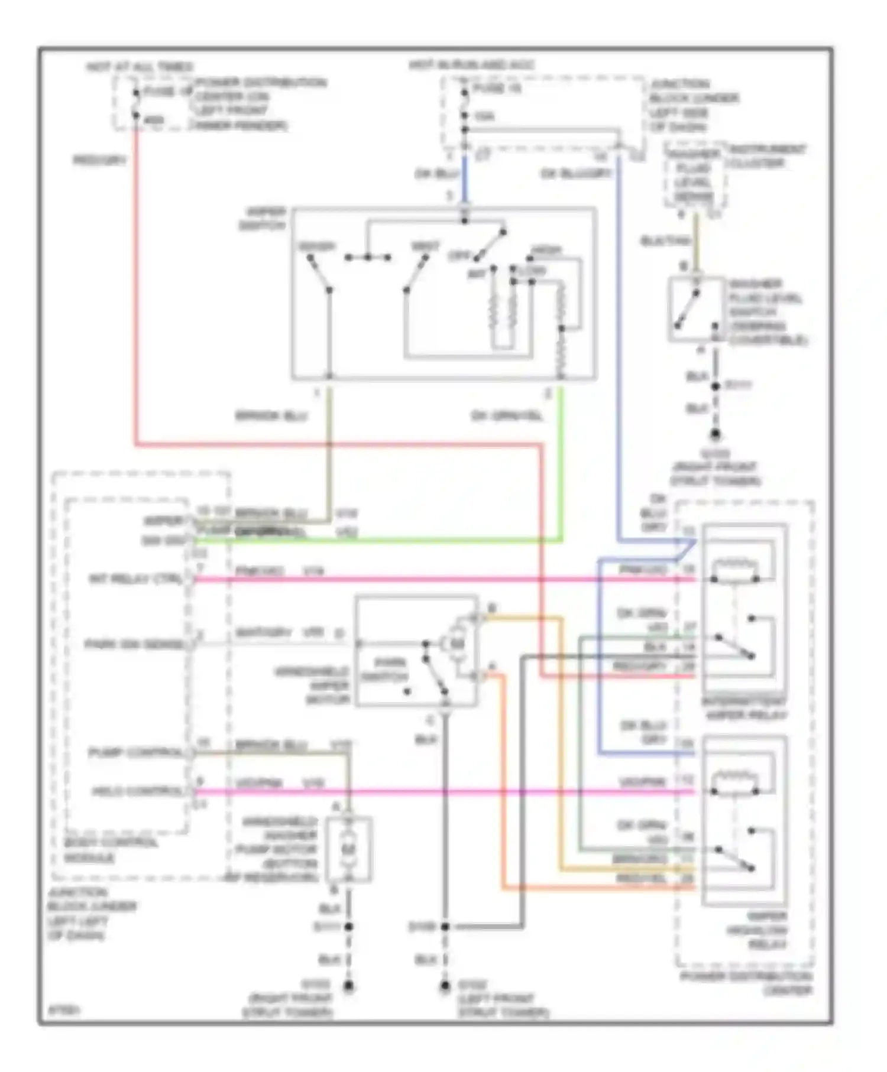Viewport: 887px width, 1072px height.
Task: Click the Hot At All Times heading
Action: [x=140, y=67]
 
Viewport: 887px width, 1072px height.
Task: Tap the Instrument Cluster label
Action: [x=767, y=156]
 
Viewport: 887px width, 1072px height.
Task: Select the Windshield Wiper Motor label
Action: [x=313, y=686]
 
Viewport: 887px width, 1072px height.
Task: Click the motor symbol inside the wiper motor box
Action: [x=457, y=643]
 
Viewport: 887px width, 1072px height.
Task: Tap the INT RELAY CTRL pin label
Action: [x=137, y=579]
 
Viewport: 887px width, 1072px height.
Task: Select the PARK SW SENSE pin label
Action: [x=134, y=644]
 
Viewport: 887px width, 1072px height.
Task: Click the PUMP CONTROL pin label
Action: [x=136, y=753]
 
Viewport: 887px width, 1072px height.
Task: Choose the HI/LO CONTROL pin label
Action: [x=137, y=791]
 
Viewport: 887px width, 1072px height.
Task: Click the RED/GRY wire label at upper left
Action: [x=100, y=161]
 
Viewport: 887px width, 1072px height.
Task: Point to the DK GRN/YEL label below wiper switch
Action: [x=506, y=416]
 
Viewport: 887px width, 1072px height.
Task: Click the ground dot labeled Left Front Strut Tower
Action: [x=445, y=986]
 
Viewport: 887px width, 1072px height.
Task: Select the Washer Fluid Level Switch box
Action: [x=695, y=309]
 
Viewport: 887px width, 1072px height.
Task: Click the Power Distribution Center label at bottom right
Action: [x=747, y=983]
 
